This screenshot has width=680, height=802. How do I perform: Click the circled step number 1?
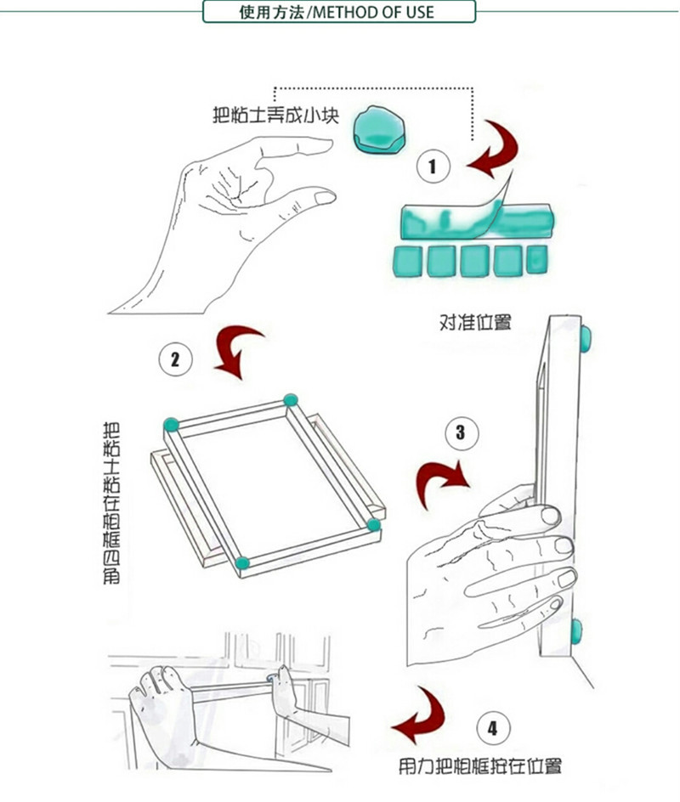pos(433,167)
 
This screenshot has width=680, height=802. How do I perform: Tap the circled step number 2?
pos(175,359)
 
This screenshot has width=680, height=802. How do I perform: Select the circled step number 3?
pos(462,433)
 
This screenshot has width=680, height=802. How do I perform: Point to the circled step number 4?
pos(493,728)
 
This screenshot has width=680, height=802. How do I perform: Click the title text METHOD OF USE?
pos(373,12)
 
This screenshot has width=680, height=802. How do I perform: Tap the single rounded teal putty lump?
pos(379,130)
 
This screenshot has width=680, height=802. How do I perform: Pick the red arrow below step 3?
pos(440,481)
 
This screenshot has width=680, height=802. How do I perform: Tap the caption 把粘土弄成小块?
pos(275,115)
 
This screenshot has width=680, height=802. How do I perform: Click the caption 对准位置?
pos(475,322)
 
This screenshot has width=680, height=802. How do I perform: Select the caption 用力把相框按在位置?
pos(480,766)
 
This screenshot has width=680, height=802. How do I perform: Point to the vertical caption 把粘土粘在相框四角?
pos(111,503)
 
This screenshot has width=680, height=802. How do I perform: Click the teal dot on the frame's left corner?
pos(172,425)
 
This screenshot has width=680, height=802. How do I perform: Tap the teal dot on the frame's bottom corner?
pos(242,563)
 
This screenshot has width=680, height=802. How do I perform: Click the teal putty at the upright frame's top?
pos(586,339)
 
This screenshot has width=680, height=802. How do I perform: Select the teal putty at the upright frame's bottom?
pos(577,631)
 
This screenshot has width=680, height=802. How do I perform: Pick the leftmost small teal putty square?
pos(408,262)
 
